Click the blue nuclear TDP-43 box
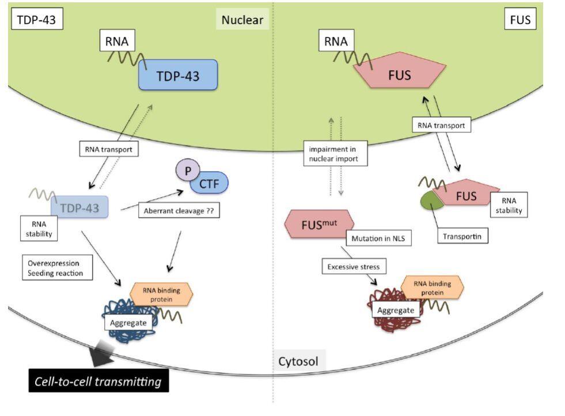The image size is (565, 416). coord(177,75)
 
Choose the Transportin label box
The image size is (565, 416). coord(462,236)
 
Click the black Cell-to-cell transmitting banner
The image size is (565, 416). coord(99,381)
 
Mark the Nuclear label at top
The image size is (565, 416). coord(242,20)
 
